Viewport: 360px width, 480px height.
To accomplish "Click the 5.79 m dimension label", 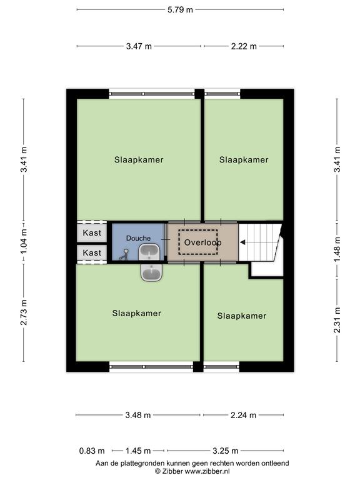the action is click(180, 10).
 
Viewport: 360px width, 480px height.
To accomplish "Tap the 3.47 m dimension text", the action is click(139, 46).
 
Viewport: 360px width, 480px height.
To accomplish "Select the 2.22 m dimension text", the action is click(244, 46).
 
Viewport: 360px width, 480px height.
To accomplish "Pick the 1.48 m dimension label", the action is click(337, 250).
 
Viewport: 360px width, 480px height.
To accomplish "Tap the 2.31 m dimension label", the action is click(337, 320).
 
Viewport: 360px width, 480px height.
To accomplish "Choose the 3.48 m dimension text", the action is click(138, 415).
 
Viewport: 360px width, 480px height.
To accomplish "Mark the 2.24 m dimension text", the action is click(243, 415).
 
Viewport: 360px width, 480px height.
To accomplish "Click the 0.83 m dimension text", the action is click(92, 451).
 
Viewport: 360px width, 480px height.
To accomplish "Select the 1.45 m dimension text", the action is click(138, 451).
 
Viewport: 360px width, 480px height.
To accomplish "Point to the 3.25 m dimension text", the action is click(225, 451).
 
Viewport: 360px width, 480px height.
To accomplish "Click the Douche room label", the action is click(138, 238).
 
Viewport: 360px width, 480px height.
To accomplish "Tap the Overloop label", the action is click(203, 242).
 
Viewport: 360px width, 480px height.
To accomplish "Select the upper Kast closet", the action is click(91, 232).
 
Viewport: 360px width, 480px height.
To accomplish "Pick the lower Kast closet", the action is click(91, 253).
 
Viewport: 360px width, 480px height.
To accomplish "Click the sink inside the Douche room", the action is click(149, 252).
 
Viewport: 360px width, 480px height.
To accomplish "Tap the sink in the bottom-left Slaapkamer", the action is click(151, 272).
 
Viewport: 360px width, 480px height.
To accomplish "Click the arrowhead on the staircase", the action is click(242, 242).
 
